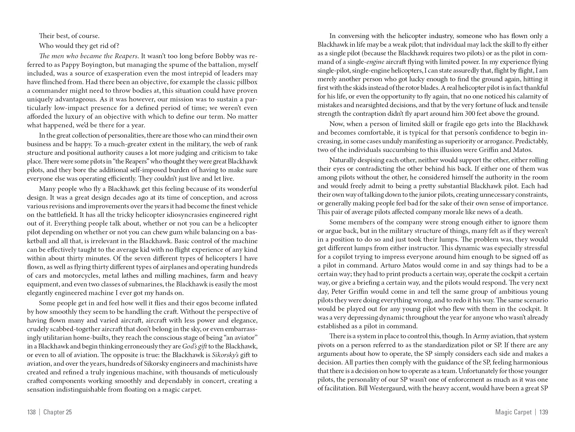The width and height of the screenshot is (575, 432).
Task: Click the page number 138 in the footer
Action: (x=31, y=412)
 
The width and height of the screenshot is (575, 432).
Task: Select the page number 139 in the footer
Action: (x=544, y=412)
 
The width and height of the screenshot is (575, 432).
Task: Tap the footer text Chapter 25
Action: (x=57, y=412)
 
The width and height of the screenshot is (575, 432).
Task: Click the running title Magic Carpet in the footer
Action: (x=513, y=412)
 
